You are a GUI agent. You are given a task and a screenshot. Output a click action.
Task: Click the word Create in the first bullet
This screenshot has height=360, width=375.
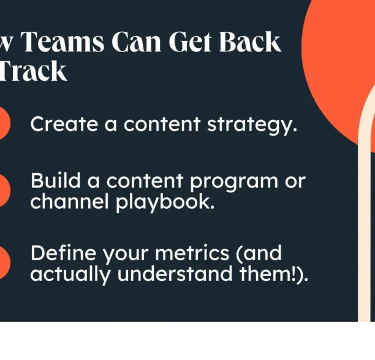63,124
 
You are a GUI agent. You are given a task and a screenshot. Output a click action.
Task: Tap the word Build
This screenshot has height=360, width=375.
51,181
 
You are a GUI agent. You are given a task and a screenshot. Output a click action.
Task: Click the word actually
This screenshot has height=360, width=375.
70,274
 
